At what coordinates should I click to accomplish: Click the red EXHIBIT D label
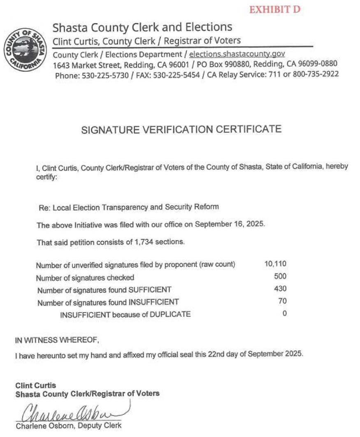click(x=275, y=9)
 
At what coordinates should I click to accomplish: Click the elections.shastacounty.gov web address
click(x=237, y=54)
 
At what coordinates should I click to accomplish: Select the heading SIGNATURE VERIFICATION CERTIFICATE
click(x=181, y=129)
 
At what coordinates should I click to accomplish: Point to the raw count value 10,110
click(x=275, y=264)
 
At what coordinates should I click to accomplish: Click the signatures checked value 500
click(x=280, y=276)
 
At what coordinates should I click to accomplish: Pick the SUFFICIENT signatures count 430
click(x=280, y=289)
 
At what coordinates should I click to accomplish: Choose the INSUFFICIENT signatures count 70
click(x=282, y=301)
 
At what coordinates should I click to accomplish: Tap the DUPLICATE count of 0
click(x=284, y=313)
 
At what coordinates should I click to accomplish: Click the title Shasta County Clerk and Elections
click(x=142, y=28)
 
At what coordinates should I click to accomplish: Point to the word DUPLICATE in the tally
click(x=170, y=314)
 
